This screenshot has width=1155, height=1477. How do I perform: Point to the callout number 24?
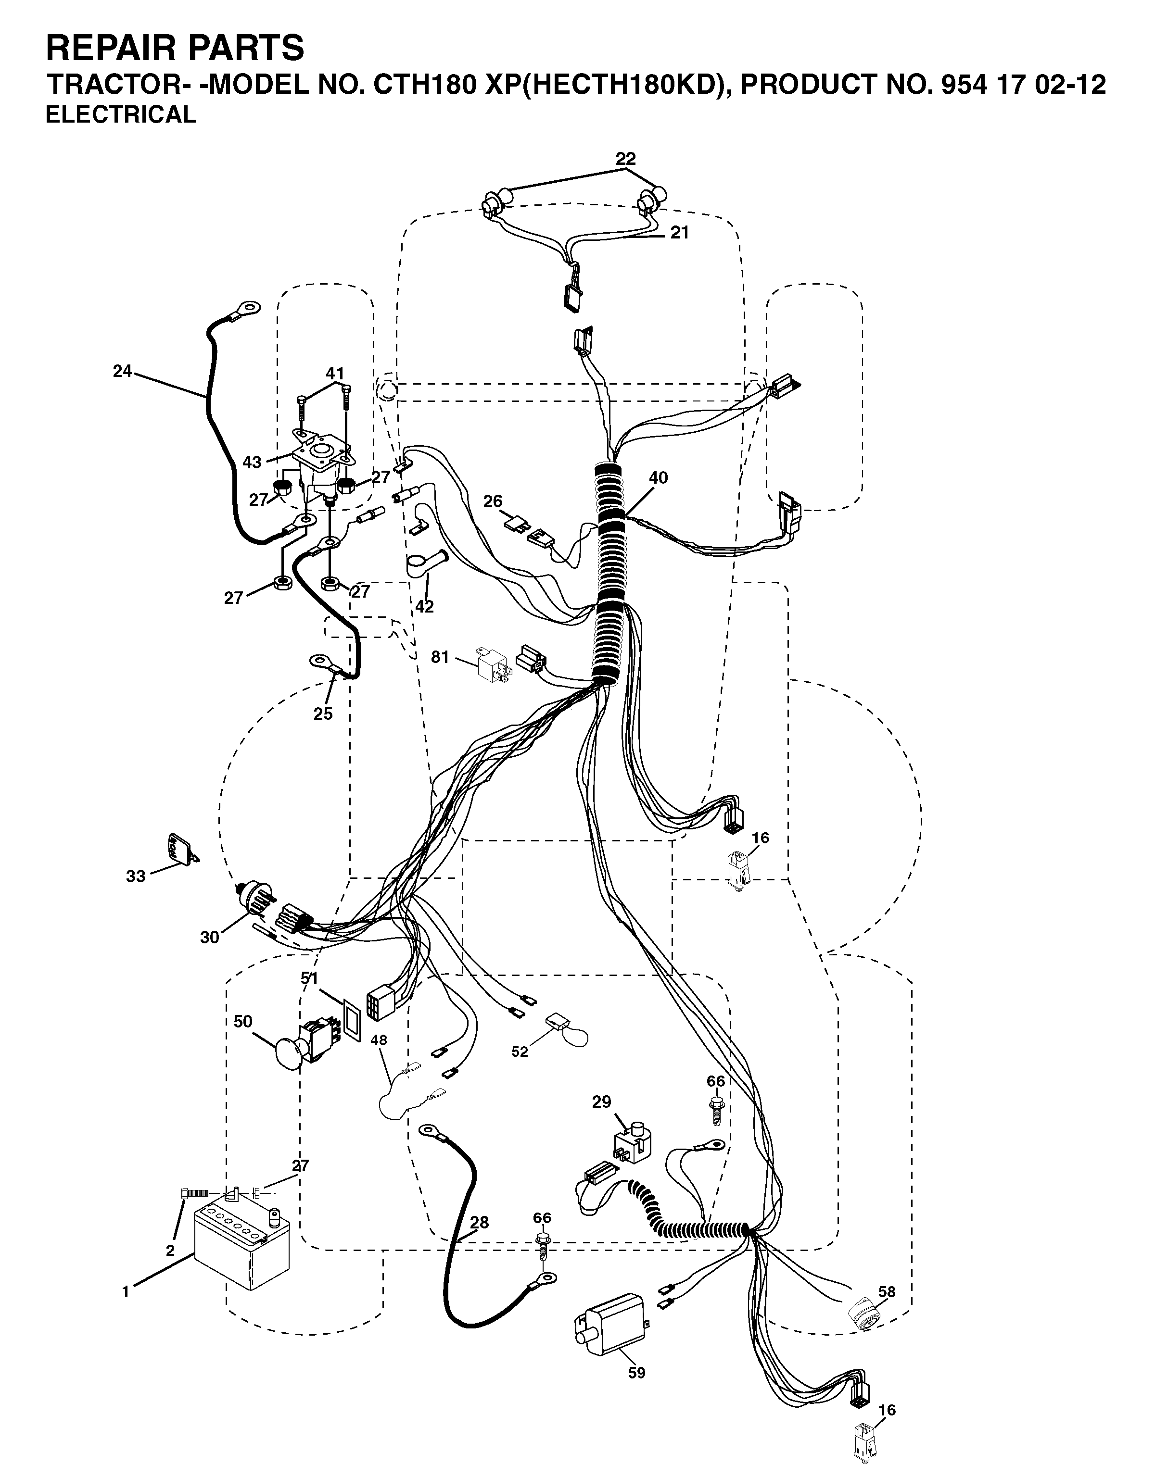click(x=123, y=371)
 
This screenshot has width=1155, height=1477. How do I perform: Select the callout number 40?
click(x=658, y=477)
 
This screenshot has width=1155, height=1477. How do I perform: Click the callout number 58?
click(x=887, y=1292)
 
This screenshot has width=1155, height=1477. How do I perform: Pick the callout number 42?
click(x=424, y=607)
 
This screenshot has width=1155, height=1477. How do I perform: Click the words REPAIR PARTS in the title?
click(x=175, y=49)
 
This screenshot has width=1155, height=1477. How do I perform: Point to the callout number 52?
click(x=520, y=1052)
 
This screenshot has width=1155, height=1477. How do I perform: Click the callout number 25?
click(x=323, y=713)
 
